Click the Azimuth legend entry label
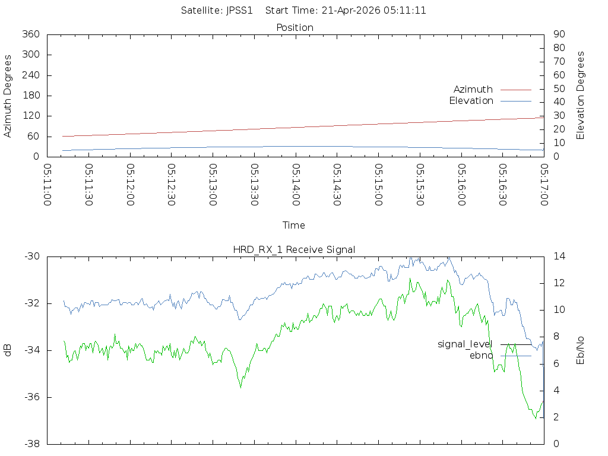(473, 90)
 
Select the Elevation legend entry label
(471, 101)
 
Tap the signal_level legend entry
(465, 344)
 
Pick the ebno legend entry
(481, 356)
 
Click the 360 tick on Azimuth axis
(30, 34)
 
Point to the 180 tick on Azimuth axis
(30, 96)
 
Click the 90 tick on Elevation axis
(558, 34)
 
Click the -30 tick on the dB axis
(31, 256)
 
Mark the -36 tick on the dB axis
(31, 397)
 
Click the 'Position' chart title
(295, 28)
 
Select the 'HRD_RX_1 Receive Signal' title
(294, 250)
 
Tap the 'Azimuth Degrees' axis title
(8, 96)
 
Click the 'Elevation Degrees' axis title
(581, 96)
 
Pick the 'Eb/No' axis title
(581, 350)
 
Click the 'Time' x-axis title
(294, 226)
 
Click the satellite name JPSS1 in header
(239, 11)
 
